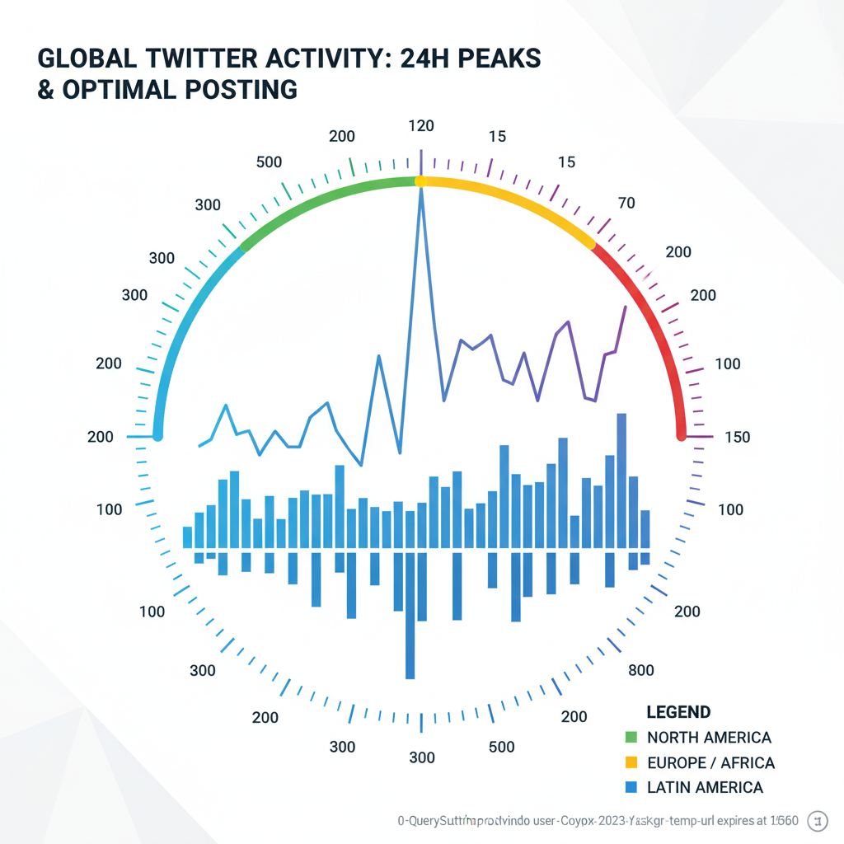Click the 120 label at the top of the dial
point(421,126)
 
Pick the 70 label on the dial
point(626,203)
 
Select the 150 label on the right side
point(735,437)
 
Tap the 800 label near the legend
point(641,670)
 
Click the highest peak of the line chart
point(421,190)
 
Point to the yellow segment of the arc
point(511,198)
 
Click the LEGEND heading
point(678,712)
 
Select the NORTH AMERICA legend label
point(709,737)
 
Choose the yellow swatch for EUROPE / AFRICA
point(632,762)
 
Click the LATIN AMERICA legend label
point(705,787)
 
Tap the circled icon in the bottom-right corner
point(819,820)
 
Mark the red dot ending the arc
point(682,434)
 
